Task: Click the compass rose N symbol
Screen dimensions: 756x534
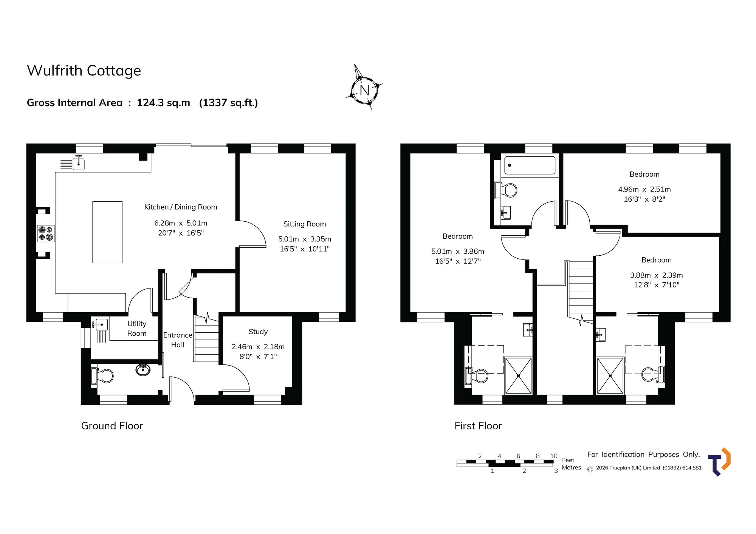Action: (x=364, y=90)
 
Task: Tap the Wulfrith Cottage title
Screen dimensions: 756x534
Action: (x=84, y=71)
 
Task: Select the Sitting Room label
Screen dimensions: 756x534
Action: (x=305, y=224)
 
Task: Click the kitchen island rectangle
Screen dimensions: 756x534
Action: (x=107, y=232)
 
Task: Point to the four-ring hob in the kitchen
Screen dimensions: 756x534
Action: (x=46, y=233)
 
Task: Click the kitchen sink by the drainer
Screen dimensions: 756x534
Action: (x=78, y=164)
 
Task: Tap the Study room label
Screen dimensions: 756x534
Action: (x=258, y=332)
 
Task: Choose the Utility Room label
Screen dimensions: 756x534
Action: (x=137, y=329)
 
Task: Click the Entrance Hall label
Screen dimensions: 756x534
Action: (x=178, y=340)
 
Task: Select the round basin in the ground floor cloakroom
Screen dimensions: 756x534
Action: (x=143, y=370)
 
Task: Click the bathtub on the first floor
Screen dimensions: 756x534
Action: (x=530, y=165)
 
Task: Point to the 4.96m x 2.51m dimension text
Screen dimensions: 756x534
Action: (x=644, y=189)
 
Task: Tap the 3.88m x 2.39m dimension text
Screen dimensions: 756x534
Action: (x=657, y=275)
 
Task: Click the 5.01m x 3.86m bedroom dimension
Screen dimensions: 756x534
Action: (x=458, y=251)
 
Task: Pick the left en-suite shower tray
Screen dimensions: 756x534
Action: (x=518, y=376)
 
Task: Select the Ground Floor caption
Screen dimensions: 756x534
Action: (x=112, y=426)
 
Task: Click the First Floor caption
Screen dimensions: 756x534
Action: (x=478, y=426)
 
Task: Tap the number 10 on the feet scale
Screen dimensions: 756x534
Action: (x=554, y=456)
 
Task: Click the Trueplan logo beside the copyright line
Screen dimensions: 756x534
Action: (x=719, y=462)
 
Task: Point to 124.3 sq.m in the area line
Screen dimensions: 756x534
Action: (x=163, y=103)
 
